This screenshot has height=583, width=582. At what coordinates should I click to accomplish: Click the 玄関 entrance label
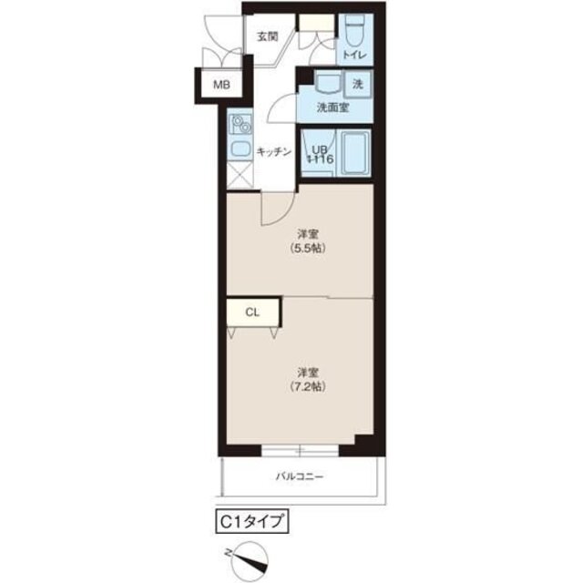[x=268, y=36]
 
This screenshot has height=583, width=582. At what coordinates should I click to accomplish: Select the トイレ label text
[x=354, y=55]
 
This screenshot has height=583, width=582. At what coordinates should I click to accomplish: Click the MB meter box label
[x=221, y=85]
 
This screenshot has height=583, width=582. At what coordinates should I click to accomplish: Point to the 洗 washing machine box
[x=358, y=85]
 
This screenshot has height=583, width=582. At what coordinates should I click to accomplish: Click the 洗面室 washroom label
[x=333, y=107]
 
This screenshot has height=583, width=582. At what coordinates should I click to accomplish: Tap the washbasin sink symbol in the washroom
[x=328, y=83]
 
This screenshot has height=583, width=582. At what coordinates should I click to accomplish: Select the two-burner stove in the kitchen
[x=240, y=124]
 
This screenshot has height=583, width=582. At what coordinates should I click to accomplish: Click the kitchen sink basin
[x=240, y=148]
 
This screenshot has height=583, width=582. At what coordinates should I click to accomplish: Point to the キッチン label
[x=274, y=152]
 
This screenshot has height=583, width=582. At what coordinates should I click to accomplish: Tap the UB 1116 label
[x=320, y=155]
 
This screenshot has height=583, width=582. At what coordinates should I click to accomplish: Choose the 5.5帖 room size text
[x=308, y=248]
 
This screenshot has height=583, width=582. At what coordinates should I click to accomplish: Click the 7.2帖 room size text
[x=308, y=386]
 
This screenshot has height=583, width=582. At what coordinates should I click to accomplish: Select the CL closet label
[x=252, y=312]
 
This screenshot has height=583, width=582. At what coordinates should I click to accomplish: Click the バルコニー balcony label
[x=300, y=476]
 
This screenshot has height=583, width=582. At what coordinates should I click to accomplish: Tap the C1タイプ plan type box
[x=252, y=522]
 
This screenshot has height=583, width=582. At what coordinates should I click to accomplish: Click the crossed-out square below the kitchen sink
[x=240, y=175]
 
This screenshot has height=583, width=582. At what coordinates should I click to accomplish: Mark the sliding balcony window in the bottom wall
[x=300, y=451]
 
